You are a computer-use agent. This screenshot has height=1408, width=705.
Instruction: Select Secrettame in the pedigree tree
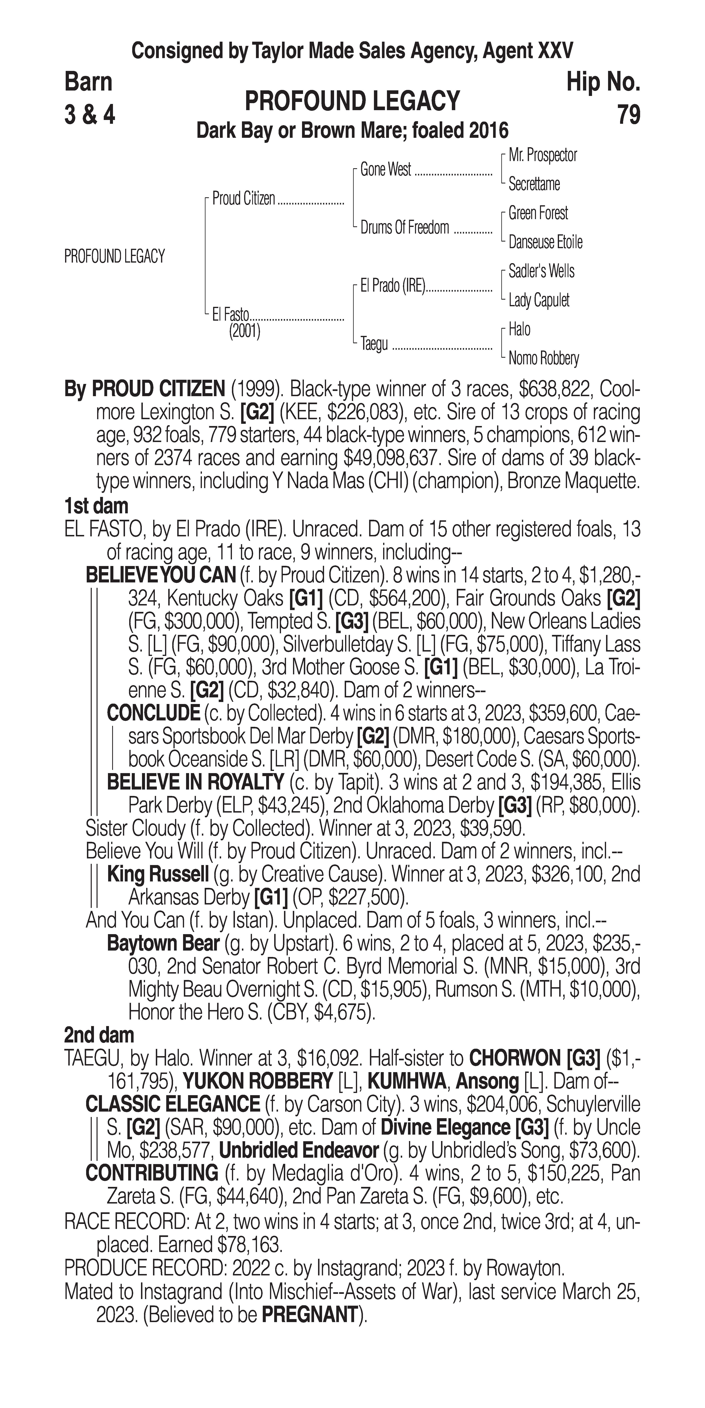pyautogui.click(x=534, y=184)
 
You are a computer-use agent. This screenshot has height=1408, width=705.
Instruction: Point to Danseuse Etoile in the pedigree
pyautogui.click(x=545, y=242)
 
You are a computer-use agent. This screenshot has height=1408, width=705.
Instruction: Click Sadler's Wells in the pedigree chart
pyautogui.click(x=541, y=271)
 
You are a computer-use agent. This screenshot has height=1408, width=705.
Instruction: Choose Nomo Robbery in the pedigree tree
pyautogui.click(x=543, y=359)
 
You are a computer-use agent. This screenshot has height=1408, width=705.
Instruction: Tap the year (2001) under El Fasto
pyautogui.click(x=244, y=331)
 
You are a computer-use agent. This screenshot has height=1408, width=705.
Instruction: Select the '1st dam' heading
pyautogui.click(x=96, y=506)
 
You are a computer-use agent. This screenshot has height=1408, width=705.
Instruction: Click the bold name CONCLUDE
pyautogui.click(x=153, y=713)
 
